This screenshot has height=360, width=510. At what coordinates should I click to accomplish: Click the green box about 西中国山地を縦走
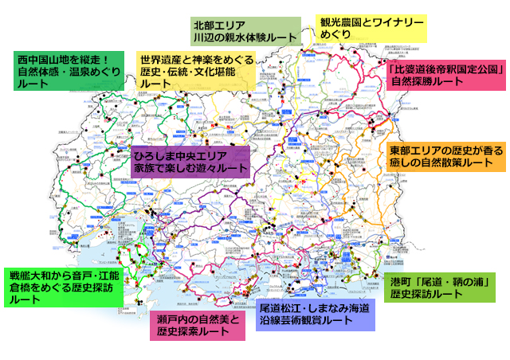point(69,71)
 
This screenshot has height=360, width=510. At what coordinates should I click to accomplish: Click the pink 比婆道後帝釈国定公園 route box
point(447,76)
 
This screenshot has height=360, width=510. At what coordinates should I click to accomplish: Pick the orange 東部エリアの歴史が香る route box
point(447,156)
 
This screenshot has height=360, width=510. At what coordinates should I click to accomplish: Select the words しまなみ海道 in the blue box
point(342,307)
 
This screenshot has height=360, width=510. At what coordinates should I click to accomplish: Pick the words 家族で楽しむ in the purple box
point(164,169)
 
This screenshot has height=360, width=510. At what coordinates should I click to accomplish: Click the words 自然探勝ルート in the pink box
point(426,83)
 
